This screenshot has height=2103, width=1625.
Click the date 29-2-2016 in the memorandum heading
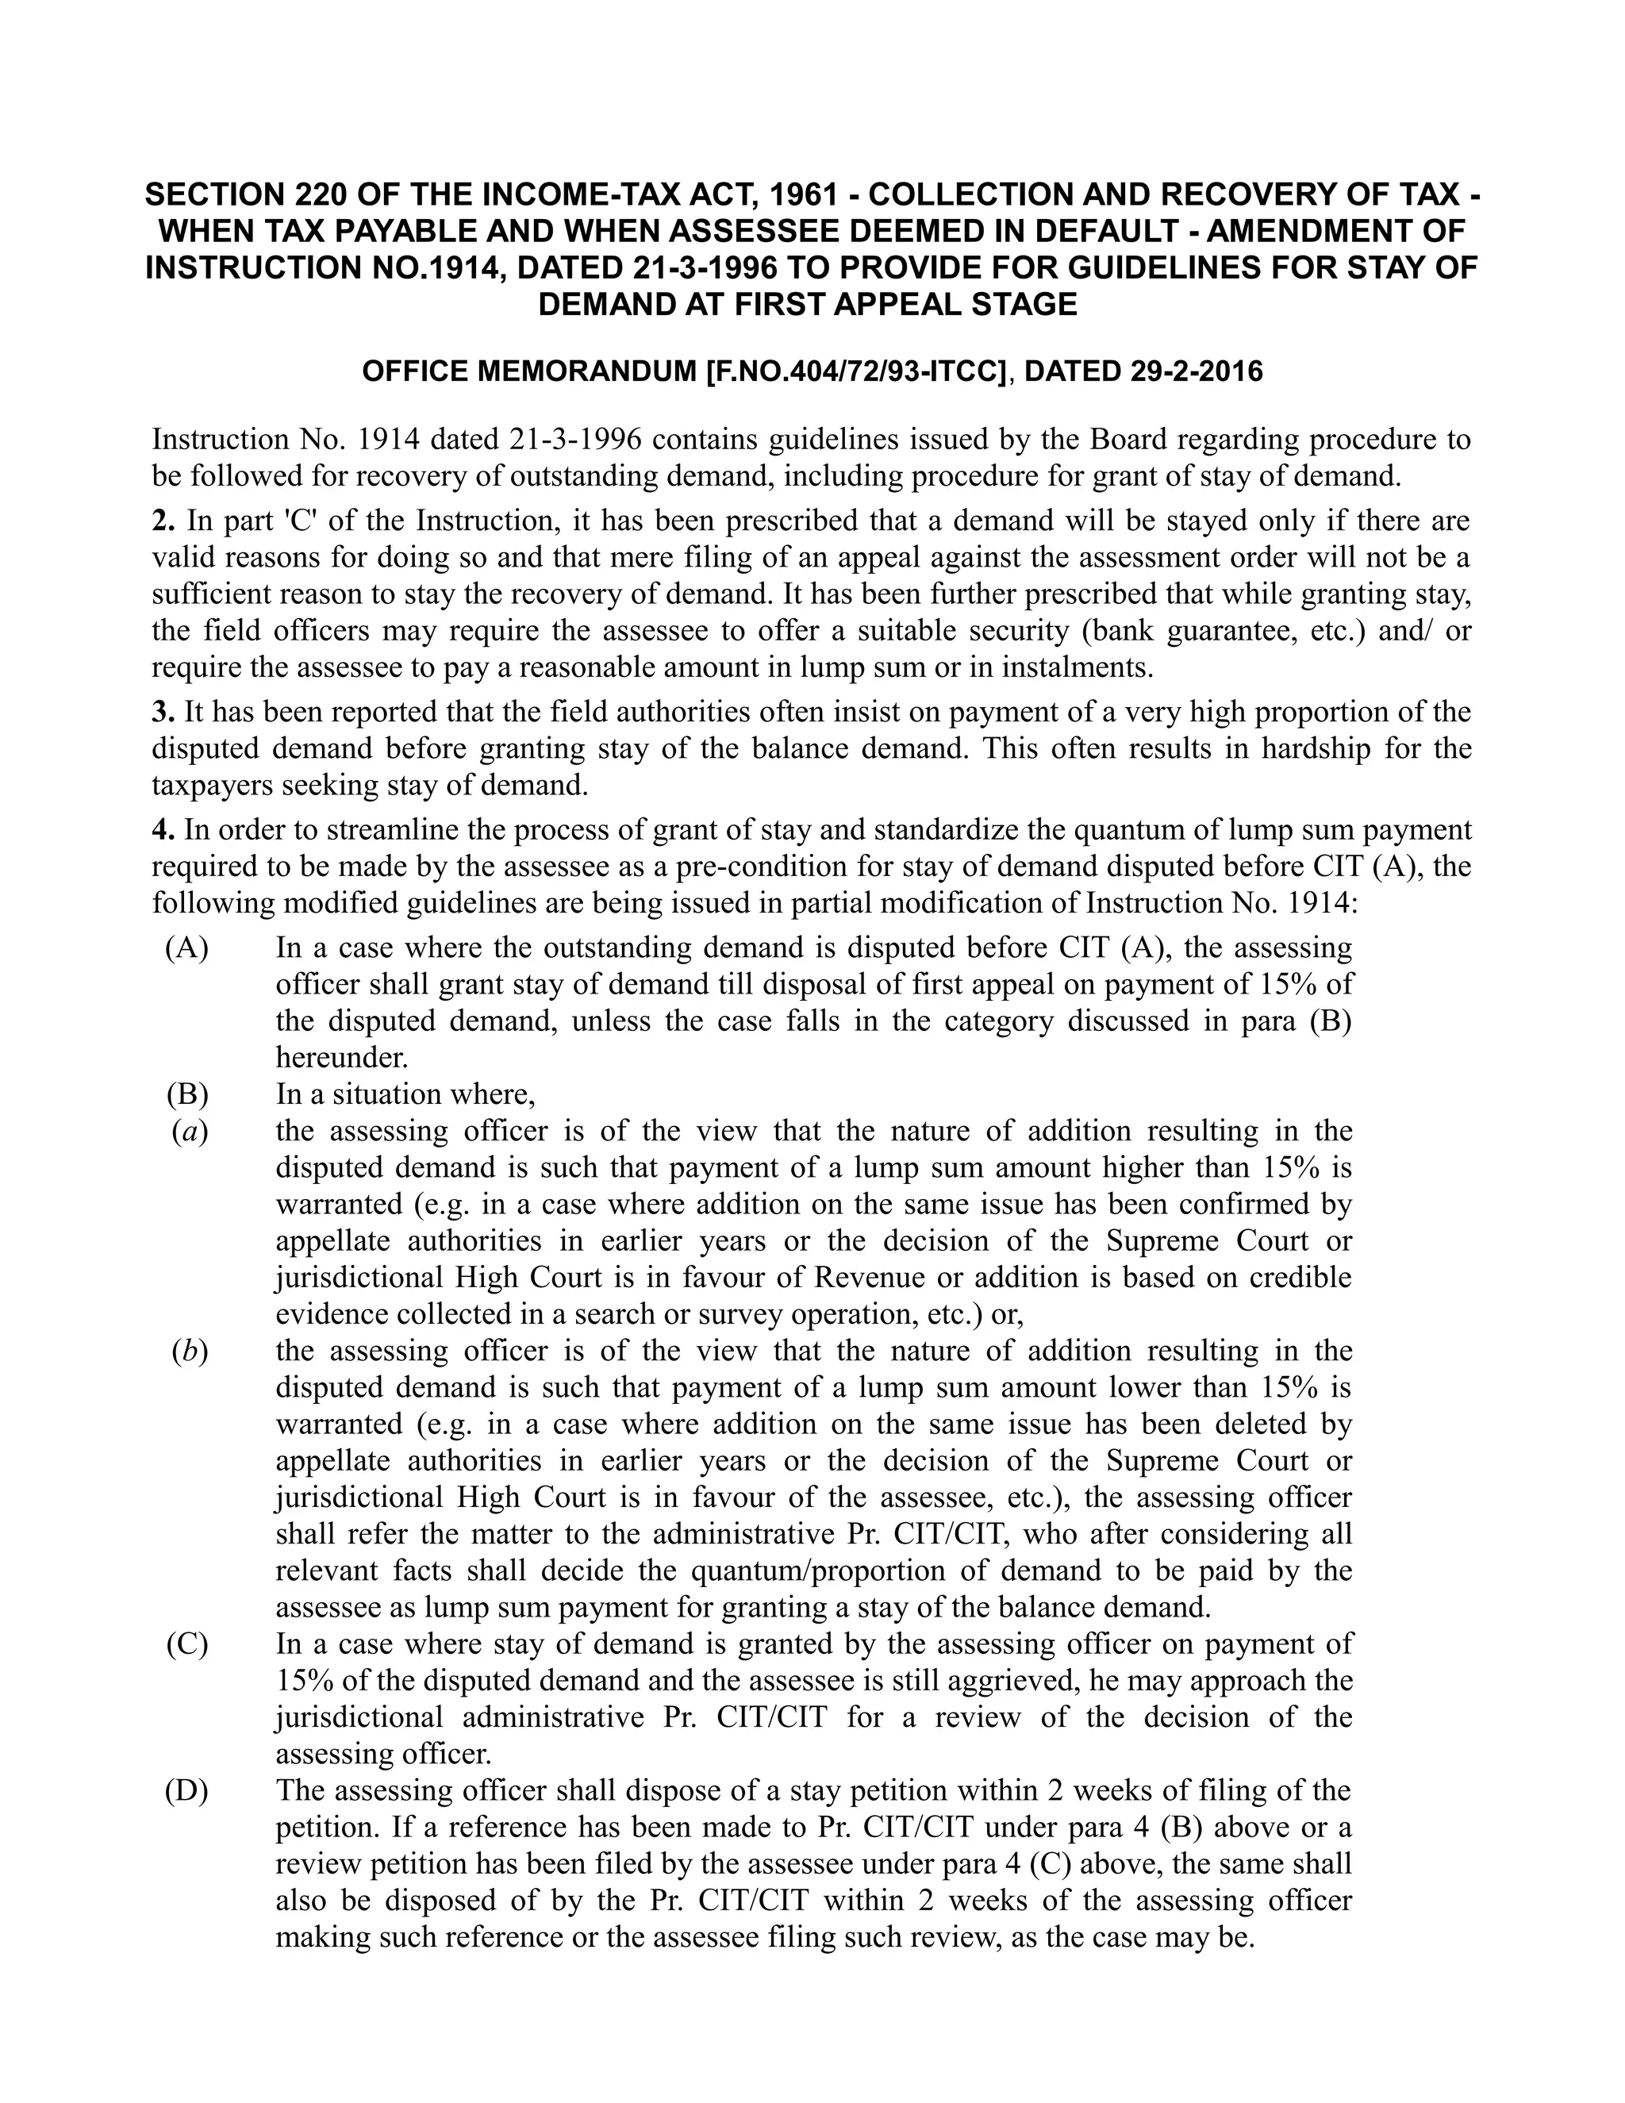1193,371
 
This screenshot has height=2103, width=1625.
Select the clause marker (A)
186,948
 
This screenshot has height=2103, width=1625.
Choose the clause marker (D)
186,1791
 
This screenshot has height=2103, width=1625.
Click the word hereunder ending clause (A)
342,1058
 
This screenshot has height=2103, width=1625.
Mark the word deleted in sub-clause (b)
1256,1425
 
